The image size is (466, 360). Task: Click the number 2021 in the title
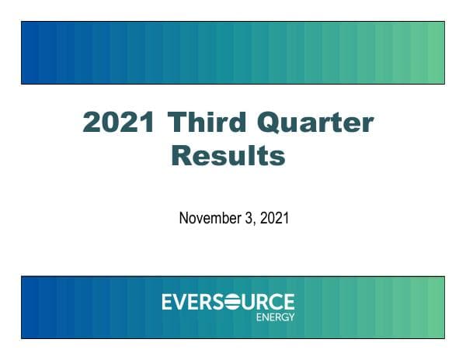tap(119, 123)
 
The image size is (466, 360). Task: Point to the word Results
tap(228, 156)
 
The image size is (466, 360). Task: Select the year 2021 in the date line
tap(274, 218)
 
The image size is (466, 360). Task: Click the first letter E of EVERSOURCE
tap(167, 302)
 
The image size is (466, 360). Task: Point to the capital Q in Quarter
tap(281, 124)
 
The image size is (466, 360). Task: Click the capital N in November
tap(184, 218)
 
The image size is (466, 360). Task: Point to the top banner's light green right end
tap(435, 53)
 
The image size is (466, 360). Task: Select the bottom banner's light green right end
tap(435, 306)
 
